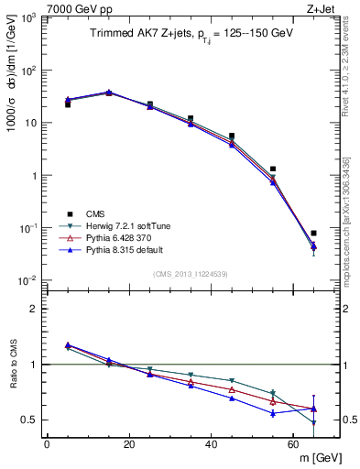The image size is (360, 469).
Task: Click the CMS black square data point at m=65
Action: [x=313, y=233]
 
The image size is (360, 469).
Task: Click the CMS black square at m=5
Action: [x=68, y=104]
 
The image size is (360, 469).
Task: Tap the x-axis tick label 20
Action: [x=129, y=444]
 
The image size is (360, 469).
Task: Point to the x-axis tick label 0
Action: [x=47, y=444]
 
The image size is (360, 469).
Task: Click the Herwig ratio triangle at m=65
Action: [x=313, y=423]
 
